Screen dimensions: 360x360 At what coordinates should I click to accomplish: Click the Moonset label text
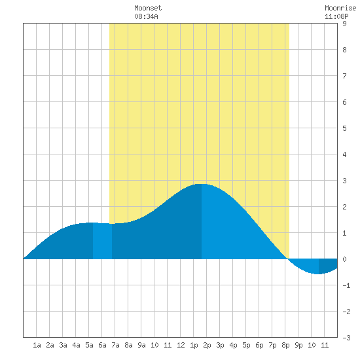point(148,8)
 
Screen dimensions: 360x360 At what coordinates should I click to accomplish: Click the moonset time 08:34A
point(146,16)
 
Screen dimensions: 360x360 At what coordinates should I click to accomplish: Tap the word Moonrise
point(340,8)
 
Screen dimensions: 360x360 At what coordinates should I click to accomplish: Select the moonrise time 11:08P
point(336,16)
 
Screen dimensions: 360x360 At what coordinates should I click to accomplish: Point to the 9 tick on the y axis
point(344,24)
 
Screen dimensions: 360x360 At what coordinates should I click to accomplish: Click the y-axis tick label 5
point(344,128)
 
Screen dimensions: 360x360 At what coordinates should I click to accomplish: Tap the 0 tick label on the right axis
point(344,259)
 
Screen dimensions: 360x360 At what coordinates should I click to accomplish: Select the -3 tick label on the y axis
point(346,338)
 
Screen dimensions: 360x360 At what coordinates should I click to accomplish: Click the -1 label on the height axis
point(346,285)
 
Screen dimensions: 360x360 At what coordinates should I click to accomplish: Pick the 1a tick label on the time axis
point(37,345)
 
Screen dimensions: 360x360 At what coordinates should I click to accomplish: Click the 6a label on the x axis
point(102,345)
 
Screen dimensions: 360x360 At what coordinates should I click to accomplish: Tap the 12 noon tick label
point(181,345)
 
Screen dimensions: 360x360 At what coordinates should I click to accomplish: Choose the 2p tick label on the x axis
point(207,345)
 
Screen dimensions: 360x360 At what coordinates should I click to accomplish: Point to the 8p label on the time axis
point(285,345)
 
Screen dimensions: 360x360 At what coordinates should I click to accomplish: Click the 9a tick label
point(141,345)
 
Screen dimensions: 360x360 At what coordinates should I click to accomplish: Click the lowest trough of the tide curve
point(319,274)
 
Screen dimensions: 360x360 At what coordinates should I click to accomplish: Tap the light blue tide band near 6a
point(102,241)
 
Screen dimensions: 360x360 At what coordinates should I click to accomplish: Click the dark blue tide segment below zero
point(328,266)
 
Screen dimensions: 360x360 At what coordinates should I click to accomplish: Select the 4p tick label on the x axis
point(233,345)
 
